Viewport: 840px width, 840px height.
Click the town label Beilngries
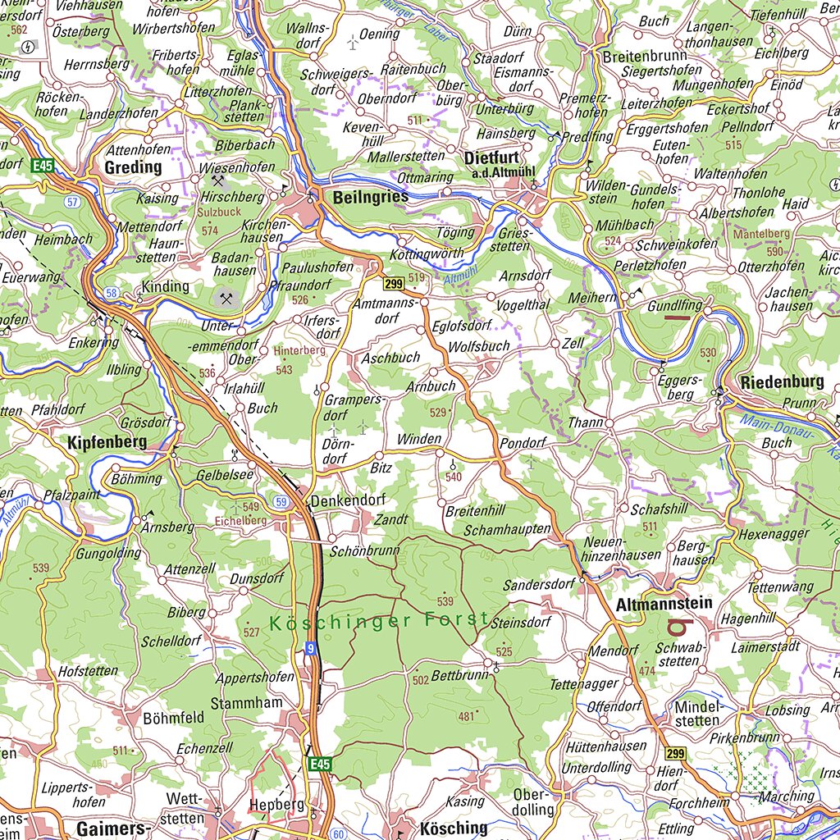pyautogui.click(x=371, y=197)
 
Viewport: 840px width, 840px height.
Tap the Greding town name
pyautogui.click(x=133, y=167)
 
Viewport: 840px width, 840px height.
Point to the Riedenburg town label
pyautogui.click(x=781, y=382)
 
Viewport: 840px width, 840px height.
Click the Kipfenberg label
pyautogui.click(x=107, y=442)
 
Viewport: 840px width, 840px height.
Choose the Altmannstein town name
pyautogui.click(x=663, y=605)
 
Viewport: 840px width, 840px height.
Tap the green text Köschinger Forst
pyautogui.click(x=379, y=621)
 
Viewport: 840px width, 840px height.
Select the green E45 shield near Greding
pyautogui.click(x=43, y=167)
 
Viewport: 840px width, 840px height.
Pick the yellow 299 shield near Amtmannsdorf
pyautogui.click(x=392, y=284)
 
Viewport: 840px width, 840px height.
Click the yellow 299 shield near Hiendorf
pyautogui.click(x=675, y=754)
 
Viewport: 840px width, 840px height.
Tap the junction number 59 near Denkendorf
pyautogui.click(x=281, y=501)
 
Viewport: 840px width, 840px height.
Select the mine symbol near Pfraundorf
pyautogui.click(x=226, y=297)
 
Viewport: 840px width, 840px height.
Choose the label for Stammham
pyautogui.click(x=246, y=703)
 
